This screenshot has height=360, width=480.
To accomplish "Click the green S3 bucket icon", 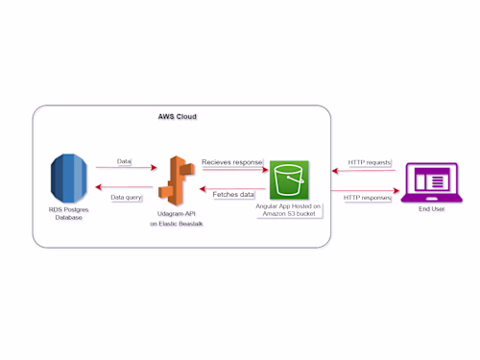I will pyautogui.click(x=289, y=180).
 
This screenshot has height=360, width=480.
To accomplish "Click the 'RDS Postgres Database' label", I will pyautogui.click(x=68, y=214).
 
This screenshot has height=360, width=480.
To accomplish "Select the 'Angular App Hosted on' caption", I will pyautogui.click(x=289, y=206).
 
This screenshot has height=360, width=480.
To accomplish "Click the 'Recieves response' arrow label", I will pyautogui.click(x=232, y=162).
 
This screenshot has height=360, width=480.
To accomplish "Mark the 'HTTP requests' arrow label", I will pyautogui.click(x=369, y=162).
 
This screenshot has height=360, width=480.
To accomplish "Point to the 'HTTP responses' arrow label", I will pyautogui.click(x=369, y=197).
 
